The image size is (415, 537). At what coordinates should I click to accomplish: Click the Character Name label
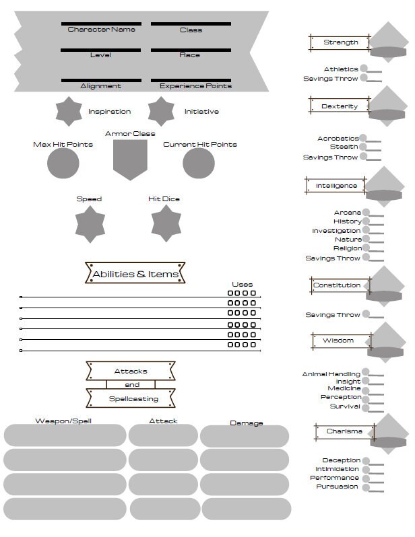coord(101,30)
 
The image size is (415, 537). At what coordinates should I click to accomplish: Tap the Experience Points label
coord(195,86)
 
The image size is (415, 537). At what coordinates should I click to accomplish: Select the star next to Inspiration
coord(69,111)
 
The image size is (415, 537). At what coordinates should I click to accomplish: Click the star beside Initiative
coord(161,111)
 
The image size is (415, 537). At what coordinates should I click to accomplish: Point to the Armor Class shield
coord(130,159)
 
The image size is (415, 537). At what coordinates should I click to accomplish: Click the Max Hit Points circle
coord(63,163)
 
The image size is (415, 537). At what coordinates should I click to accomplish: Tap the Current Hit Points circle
coord(199,163)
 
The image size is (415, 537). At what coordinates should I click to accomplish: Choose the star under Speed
coord(90,224)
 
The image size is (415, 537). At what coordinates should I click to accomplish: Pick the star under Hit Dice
coord(166,223)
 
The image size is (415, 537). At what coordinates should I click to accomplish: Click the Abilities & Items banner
coord(135,273)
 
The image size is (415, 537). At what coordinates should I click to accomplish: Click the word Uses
coord(242,285)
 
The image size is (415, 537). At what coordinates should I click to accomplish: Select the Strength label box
coord(340,43)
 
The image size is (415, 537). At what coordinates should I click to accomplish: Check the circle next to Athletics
coord(364,68)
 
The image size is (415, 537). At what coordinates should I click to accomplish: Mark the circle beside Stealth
coord(363,147)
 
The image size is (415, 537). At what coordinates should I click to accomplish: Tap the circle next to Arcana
coord(366,213)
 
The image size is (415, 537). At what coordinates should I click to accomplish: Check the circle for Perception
coord(366,399)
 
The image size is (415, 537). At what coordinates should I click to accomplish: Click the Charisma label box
coord(345,431)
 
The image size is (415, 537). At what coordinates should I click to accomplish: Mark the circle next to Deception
coord(366,461)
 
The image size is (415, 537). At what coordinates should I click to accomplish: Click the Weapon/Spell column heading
coord(63,421)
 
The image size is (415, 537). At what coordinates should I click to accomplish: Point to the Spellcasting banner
coord(131,398)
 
